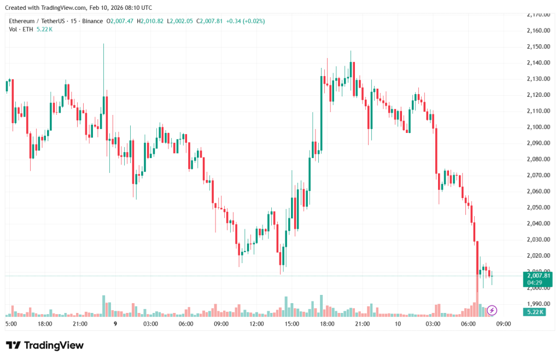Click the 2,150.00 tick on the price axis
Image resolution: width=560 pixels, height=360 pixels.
click(538, 47)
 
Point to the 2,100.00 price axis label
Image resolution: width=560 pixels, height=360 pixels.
click(538, 127)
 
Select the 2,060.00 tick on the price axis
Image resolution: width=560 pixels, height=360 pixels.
click(538, 191)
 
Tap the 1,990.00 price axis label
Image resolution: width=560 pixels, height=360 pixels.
click(538, 304)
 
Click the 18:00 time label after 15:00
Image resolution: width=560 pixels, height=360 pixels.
click(327, 324)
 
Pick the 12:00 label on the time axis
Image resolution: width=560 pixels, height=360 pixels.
click(256, 324)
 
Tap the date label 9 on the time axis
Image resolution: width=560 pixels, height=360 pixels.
click(115, 324)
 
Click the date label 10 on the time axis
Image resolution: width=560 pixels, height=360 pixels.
click(398, 324)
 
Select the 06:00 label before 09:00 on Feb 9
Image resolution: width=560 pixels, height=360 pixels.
click(186, 324)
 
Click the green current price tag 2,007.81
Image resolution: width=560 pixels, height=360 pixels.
click(538, 276)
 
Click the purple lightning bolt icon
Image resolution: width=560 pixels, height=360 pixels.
click(492, 310)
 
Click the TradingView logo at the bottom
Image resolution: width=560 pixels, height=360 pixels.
click(45, 345)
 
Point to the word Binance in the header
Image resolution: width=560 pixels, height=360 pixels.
click(91, 21)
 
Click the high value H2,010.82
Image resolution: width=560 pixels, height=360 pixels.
click(150, 21)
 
